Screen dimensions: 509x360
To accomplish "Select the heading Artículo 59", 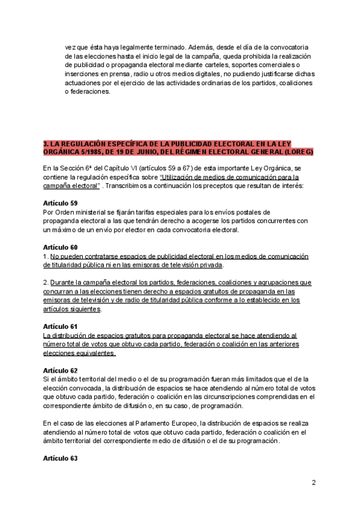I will (x=60, y=203).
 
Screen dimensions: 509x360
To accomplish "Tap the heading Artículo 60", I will (x=60, y=247).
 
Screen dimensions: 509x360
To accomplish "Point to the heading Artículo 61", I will (x=60, y=326).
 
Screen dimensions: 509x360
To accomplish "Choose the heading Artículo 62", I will (x=60, y=370).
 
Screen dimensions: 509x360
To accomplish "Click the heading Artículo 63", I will (x=60, y=457).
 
